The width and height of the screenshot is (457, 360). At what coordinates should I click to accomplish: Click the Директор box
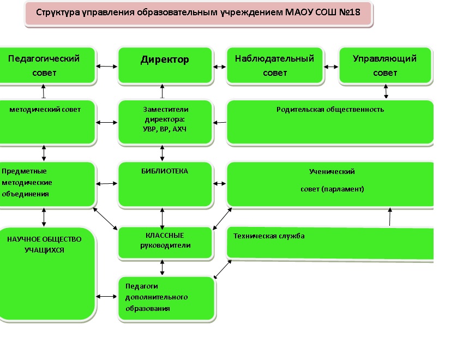click(165, 65)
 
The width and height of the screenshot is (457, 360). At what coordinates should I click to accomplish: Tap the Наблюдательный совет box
click(274, 65)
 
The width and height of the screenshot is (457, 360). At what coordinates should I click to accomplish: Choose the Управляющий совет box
click(384, 65)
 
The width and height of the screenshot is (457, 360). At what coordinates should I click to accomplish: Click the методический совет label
click(45, 110)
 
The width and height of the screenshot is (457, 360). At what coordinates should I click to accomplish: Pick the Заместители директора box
click(165, 121)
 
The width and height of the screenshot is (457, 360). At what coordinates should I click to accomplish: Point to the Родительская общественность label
click(330, 109)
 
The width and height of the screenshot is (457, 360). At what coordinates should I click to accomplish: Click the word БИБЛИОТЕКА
click(164, 171)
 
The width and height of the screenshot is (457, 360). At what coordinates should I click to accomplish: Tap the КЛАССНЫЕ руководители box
click(165, 241)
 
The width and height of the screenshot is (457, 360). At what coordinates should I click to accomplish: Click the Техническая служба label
click(269, 236)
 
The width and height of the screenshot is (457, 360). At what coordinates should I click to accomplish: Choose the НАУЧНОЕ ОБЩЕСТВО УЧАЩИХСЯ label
click(44, 245)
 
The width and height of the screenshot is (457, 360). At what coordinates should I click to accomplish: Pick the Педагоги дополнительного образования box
click(166, 298)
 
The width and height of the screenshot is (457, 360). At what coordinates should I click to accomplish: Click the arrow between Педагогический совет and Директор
click(107, 67)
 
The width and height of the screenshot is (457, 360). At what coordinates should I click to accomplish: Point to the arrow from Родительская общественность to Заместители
click(220, 123)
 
